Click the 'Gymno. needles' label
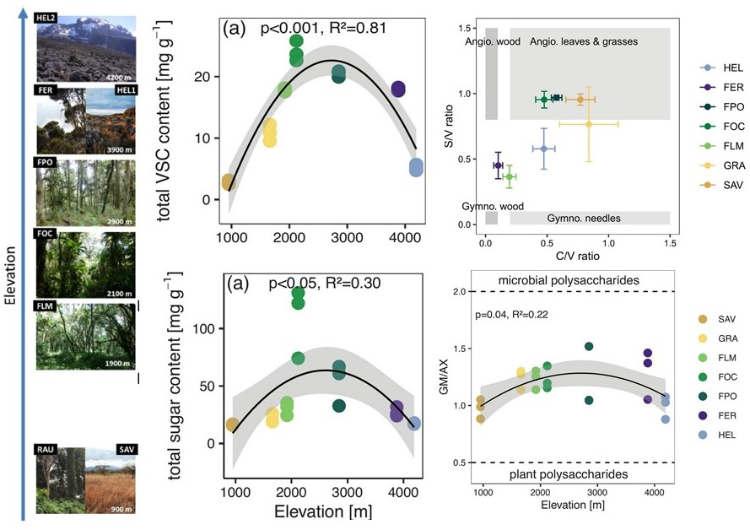[x=583, y=218]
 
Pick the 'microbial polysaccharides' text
[x=578, y=279]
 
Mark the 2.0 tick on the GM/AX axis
[x=458, y=292]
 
